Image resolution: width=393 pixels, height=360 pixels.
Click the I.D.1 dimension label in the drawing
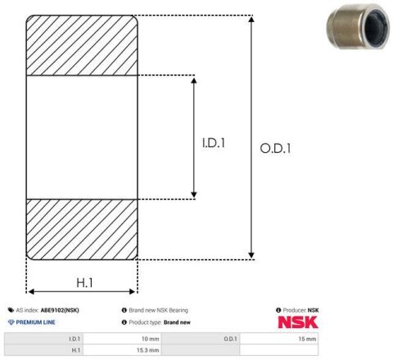coord(214,143)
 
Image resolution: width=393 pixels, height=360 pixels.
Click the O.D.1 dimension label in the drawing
coord(275,149)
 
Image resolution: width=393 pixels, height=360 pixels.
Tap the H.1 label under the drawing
coord(84,283)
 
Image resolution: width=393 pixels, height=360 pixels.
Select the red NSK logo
coord(298,322)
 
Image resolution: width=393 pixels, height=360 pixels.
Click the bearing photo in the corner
coord(358,26)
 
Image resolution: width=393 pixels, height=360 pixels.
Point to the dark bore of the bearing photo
coord(376,28)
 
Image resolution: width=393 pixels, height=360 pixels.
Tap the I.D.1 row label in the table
coord(75,339)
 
